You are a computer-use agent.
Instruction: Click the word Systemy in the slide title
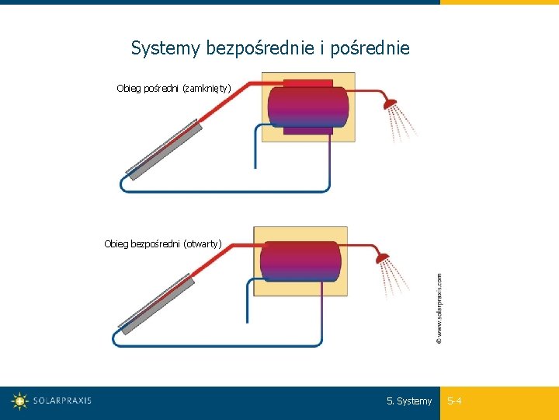tap(165, 49)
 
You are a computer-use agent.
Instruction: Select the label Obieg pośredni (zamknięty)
tap(174, 89)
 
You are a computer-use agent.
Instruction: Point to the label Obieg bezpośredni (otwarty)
tap(163, 244)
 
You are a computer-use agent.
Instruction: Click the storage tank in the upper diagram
tap(307, 107)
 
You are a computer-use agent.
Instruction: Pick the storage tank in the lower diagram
tap(300, 261)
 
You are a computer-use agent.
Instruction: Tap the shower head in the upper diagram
tap(389, 102)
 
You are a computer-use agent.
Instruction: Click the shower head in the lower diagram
tap(382, 257)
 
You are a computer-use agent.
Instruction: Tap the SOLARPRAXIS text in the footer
tap(62, 401)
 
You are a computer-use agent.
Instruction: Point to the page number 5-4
tap(454, 401)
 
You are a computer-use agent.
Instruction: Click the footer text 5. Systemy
tap(409, 401)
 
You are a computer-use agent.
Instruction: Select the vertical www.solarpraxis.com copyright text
tap(439, 307)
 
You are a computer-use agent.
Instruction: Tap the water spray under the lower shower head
tap(394, 278)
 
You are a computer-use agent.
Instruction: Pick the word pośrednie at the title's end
tap(370, 49)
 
